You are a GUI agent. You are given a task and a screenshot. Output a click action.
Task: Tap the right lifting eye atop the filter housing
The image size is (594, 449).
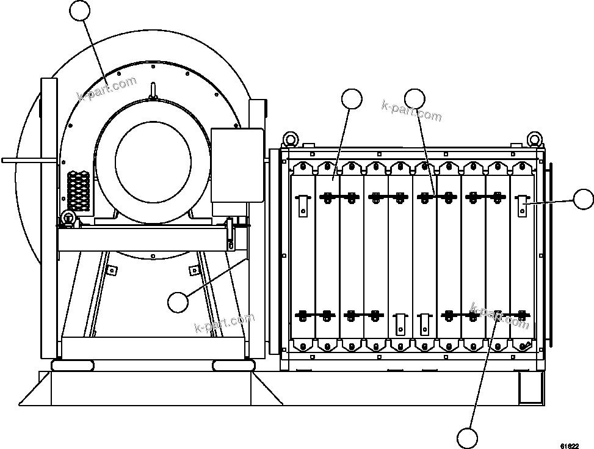pos(535,139)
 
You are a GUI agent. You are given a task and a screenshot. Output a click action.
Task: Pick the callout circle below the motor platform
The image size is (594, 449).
pos(178,301)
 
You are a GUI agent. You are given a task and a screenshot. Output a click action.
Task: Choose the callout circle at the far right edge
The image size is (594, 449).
pos(584,199)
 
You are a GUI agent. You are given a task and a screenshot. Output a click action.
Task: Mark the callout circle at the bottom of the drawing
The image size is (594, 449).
pos(467,438)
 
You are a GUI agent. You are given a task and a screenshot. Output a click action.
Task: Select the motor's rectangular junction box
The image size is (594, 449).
pos(237,164)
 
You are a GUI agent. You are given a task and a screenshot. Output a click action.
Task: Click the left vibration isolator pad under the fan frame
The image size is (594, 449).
pos(73,365)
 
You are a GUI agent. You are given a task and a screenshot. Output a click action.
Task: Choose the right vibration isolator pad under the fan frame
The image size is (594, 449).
pos(233,365)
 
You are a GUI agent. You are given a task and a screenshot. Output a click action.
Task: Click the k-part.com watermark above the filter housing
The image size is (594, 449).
pos(411,112)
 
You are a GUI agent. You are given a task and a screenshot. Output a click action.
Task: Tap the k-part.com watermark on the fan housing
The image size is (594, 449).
pos(107,89)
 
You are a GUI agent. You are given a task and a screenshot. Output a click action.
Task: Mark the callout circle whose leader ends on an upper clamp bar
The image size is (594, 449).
pos(415,99)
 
